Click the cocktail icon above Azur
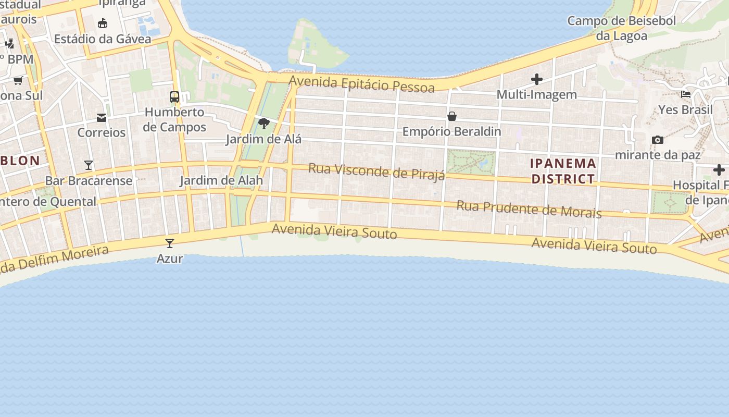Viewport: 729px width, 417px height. click(169, 243)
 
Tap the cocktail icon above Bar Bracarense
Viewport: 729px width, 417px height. click(89, 165)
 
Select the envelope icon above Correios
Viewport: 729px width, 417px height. click(102, 118)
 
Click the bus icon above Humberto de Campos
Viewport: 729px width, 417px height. click(174, 97)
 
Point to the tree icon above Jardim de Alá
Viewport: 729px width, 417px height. click(264, 124)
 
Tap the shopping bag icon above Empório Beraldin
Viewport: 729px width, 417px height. click(452, 116)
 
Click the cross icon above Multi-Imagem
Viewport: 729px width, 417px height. click(537, 79)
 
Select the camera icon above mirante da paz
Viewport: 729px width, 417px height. click(658, 140)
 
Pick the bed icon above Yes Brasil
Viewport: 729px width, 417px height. click(686, 94)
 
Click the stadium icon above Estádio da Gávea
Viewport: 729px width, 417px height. click(103, 23)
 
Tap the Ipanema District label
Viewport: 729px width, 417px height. click(563, 171)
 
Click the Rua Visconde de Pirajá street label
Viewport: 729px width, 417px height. click(376, 171)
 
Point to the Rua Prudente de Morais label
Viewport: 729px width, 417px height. click(529, 208)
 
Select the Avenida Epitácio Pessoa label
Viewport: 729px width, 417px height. click(361, 83)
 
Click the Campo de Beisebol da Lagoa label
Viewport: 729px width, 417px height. click(621, 28)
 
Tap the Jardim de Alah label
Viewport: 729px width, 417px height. click(221, 180)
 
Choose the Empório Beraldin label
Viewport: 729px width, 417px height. click(451, 131)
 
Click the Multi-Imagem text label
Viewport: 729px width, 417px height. click(536, 94)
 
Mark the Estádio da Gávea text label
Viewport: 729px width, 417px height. click(103, 39)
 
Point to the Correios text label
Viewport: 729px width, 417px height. click(102, 132)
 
